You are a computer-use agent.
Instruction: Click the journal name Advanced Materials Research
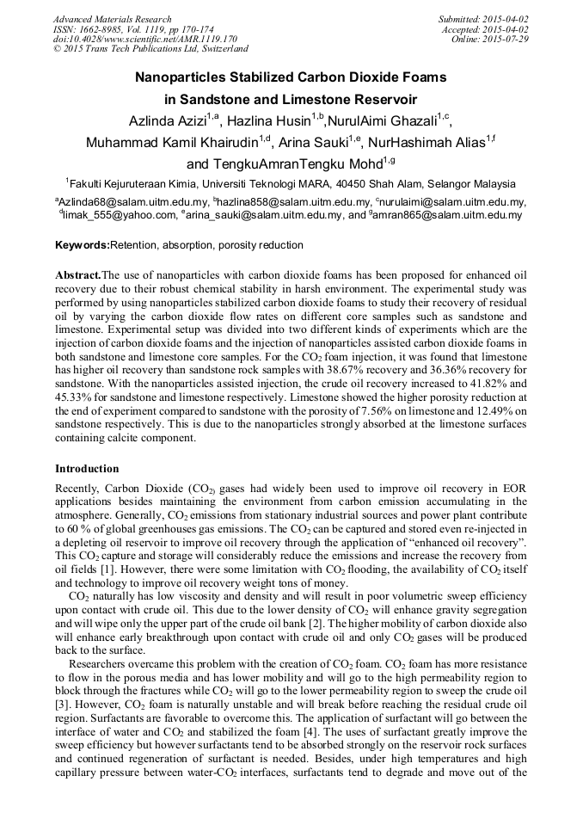tap(112, 19)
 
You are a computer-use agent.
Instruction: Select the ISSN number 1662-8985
tap(104, 28)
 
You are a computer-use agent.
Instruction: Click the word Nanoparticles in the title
tap(187, 77)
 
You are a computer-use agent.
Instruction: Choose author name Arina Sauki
tap(312, 142)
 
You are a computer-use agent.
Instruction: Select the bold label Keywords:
tap(83, 245)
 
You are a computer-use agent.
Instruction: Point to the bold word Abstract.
tap(78, 273)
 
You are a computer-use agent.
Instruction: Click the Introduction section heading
tap(87, 469)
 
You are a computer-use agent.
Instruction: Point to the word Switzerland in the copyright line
tap(211, 48)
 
